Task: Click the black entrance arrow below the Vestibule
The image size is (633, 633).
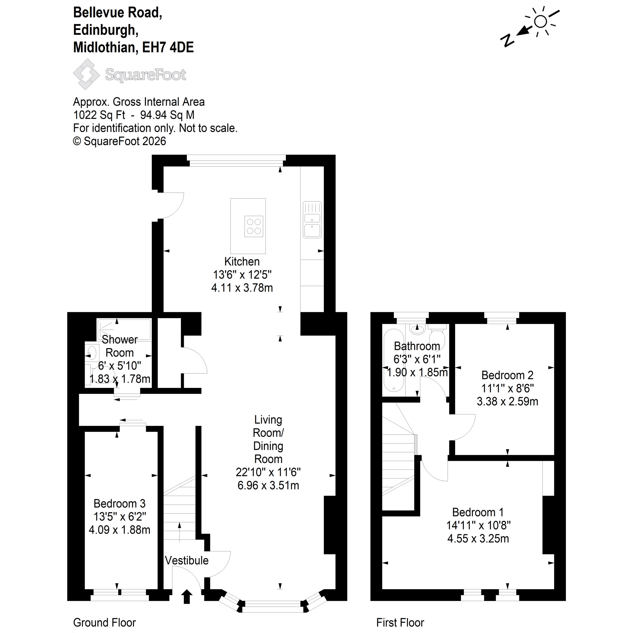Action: [x=187, y=597]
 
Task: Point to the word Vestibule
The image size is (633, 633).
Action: [x=186, y=561]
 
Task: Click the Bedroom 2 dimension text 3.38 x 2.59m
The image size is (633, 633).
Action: [x=507, y=401]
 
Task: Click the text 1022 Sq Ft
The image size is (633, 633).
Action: [x=99, y=115]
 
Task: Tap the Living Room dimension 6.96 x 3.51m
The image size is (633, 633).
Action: [x=268, y=485]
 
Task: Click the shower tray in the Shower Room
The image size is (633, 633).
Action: [x=124, y=329]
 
